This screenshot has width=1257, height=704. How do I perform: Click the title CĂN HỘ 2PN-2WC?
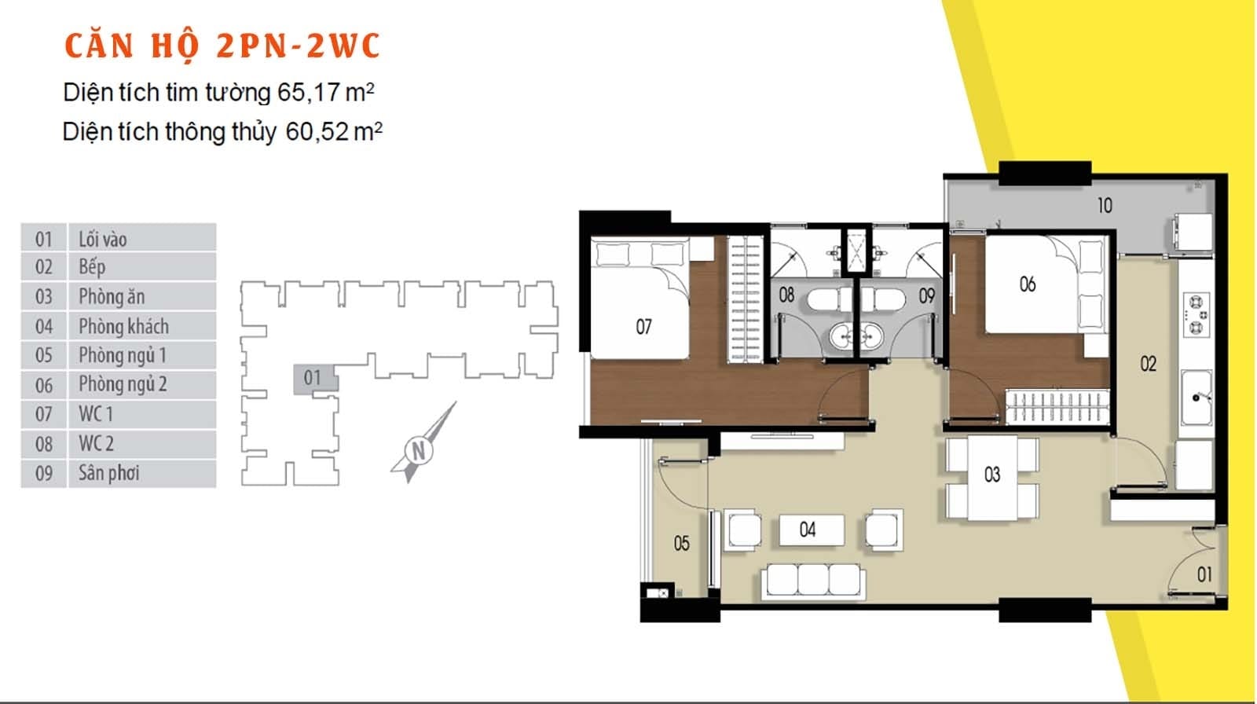point(222,46)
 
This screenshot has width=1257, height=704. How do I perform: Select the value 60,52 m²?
point(333,131)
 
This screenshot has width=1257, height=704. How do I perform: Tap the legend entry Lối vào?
point(102,239)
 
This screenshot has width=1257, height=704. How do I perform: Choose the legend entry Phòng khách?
point(123,326)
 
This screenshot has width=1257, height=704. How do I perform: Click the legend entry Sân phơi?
point(108,473)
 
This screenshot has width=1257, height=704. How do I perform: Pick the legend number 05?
point(44,355)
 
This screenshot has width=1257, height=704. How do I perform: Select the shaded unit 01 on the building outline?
point(313,378)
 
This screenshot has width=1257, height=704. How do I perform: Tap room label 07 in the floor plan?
point(643,326)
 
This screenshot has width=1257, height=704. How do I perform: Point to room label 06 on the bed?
point(1027,284)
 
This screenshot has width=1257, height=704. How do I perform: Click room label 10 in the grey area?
point(1105,206)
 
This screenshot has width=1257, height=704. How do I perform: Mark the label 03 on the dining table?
point(992,475)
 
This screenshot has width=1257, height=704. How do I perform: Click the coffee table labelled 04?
point(810,530)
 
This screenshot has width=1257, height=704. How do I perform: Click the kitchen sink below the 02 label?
point(1197,398)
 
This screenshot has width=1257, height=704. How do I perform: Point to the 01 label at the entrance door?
point(1204,574)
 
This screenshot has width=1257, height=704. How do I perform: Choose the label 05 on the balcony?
point(681,543)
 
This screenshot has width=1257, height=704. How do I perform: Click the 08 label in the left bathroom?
point(786,295)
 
